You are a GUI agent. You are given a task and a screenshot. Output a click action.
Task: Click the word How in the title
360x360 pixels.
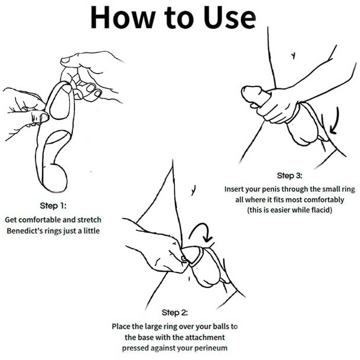coord(122,17)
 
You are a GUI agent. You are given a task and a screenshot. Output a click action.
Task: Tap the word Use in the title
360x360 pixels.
coord(229,17)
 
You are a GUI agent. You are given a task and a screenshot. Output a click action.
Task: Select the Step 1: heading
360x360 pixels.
coord(53,206)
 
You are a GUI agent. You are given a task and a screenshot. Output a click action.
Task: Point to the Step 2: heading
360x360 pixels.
coord(174,312)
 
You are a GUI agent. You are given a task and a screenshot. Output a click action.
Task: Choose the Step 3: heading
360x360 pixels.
coord(290,176)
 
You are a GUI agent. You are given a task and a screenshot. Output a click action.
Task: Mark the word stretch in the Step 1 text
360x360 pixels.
coord(89,220)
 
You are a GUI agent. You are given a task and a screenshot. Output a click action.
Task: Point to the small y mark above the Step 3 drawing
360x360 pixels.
coord(293,56)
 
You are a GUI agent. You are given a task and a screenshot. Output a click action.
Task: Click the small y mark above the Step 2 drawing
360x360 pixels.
coord(193,190)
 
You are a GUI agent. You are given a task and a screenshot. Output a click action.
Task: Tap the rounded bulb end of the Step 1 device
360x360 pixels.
coord(55,178)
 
